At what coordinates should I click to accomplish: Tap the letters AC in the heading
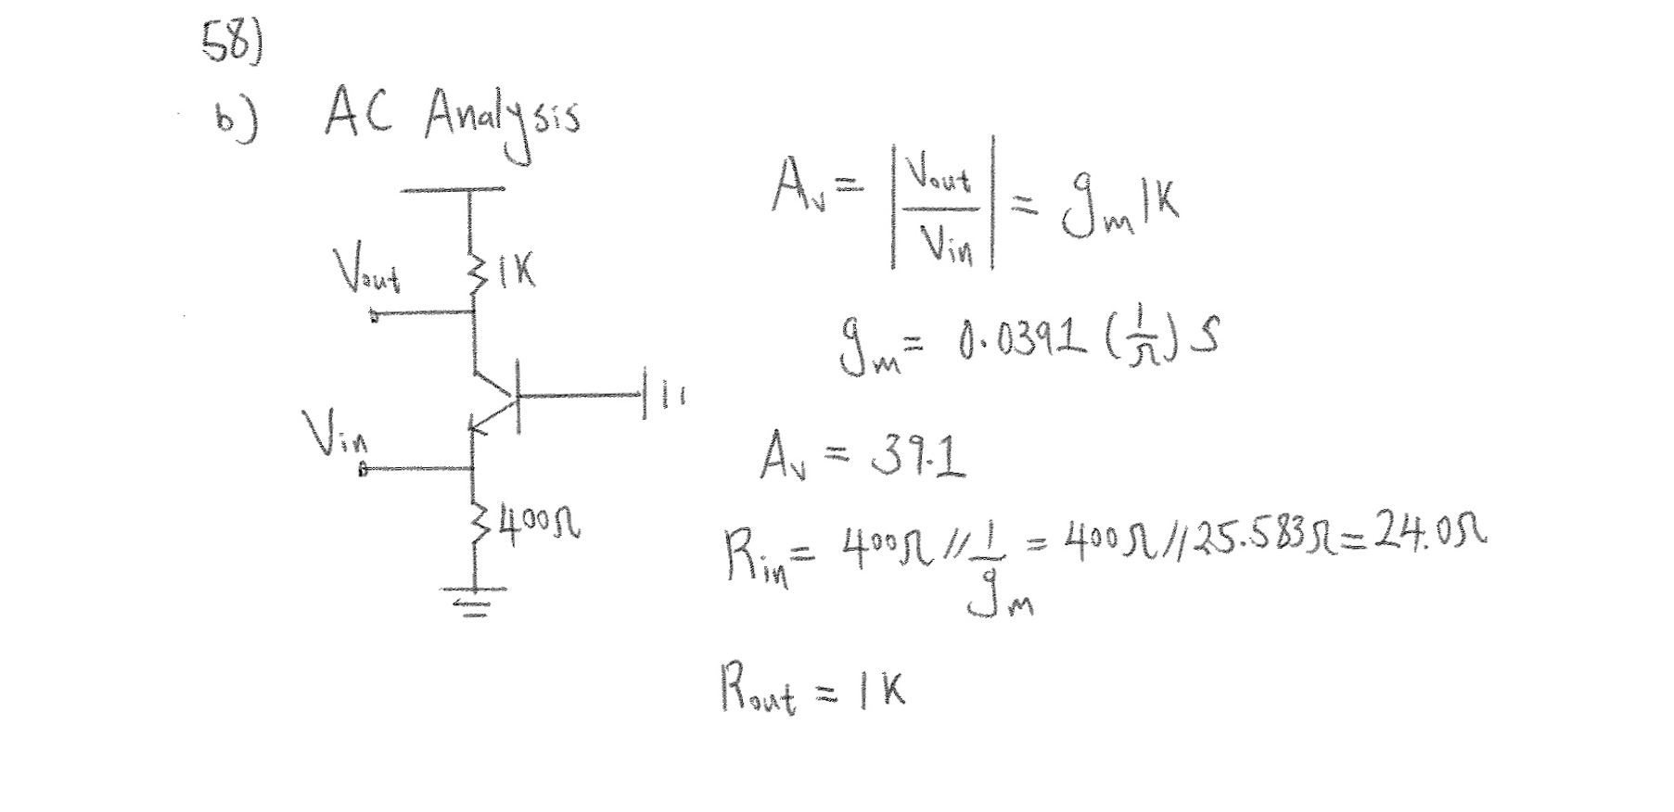point(358,113)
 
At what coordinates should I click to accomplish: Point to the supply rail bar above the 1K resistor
point(453,190)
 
